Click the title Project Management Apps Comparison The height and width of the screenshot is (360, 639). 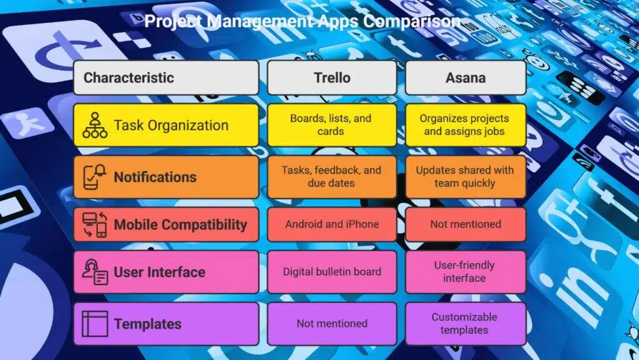coord(303,21)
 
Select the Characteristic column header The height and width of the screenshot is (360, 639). coord(166,77)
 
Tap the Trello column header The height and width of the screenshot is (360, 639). coord(332,77)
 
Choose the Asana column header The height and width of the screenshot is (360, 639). coord(466,77)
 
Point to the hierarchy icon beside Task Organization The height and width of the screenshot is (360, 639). coord(95,125)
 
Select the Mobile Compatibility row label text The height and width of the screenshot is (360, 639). coord(180,224)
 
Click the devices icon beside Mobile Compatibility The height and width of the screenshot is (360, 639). coord(95,224)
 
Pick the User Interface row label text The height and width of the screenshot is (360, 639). coord(159,272)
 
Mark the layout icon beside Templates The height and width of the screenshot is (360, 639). coord(95,324)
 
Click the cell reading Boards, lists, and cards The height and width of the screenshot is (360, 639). coord(332,125)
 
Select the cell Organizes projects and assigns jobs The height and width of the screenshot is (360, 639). coord(466,125)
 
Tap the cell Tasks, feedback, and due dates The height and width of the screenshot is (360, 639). coord(332,177)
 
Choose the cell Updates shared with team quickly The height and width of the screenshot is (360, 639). coord(466,177)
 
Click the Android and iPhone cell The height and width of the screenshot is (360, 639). coord(332,224)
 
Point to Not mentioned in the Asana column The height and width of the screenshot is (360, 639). coord(466,224)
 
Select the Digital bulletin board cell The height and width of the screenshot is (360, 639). coord(332,272)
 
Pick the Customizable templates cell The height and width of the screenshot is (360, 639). coord(466,324)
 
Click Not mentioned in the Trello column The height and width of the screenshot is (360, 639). coord(332,324)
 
